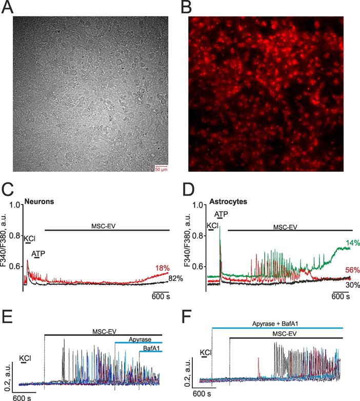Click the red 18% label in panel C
162,268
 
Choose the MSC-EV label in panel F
283,333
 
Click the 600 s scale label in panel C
161,297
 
